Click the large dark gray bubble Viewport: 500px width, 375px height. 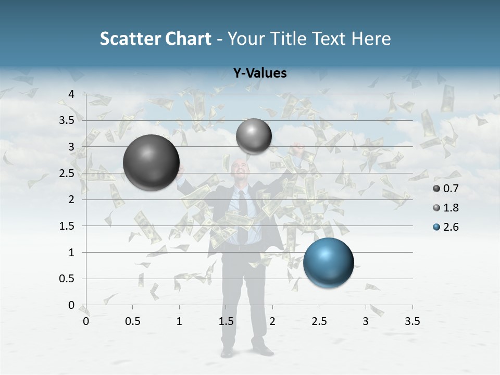pyautogui.click(x=151, y=162)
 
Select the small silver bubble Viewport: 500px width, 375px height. pyautogui.click(x=254, y=136)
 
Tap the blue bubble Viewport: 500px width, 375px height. pyautogui.click(x=328, y=262)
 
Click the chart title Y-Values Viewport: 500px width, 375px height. pyautogui.click(x=260, y=73)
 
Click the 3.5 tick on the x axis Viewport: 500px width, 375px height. pyautogui.click(x=412, y=321)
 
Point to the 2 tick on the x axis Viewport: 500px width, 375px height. pyautogui.click(x=272, y=321)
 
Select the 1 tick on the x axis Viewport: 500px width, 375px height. pyautogui.click(x=179, y=321)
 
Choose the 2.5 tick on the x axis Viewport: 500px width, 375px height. pyautogui.click(x=319, y=321)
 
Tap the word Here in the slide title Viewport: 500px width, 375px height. pyautogui.click(x=370, y=39)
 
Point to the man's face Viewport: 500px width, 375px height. pyautogui.click(x=240, y=172)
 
